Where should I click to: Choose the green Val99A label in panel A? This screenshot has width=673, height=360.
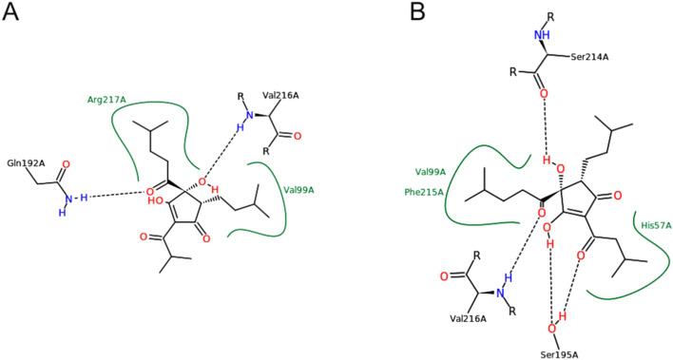(x=298, y=189)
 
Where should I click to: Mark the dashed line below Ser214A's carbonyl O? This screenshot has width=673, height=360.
(x=542, y=123)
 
